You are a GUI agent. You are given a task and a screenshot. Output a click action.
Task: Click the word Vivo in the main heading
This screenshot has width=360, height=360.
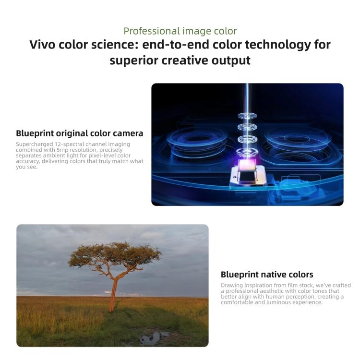coord(42,45)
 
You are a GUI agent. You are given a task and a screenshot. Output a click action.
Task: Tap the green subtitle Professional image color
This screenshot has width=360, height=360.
coord(180,31)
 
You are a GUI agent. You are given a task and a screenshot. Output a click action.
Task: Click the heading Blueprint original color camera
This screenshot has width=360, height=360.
coord(79,133)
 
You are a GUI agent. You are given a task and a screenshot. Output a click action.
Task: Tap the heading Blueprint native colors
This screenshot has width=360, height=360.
coord(267,275)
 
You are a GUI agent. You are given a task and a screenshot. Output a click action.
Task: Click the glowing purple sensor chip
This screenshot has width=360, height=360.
coord(247,165)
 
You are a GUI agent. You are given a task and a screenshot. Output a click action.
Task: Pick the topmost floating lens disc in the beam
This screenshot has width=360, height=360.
coord(247,116)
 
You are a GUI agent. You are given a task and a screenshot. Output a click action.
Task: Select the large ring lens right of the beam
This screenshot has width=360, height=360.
coord(298,138)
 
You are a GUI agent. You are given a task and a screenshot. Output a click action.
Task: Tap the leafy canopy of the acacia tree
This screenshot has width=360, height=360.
coord(115,254)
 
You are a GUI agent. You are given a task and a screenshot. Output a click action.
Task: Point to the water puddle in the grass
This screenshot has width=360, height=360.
coord(153,338)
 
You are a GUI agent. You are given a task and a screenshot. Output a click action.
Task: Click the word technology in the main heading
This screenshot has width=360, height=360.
coord(277,45)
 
